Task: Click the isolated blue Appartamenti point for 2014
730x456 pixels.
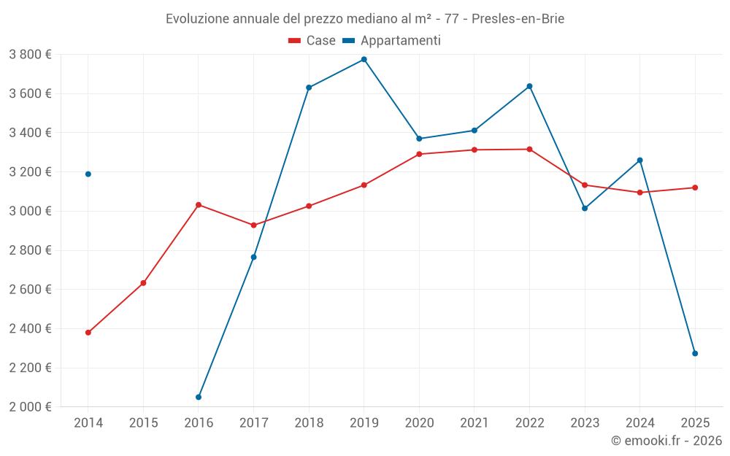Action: tap(88, 174)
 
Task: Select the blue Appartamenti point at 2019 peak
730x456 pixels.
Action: tap(364, 59)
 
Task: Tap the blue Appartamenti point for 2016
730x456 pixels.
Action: tap(199, 397)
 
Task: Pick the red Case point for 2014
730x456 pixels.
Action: tap(88, 333)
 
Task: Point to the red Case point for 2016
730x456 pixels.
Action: tap(199, 205)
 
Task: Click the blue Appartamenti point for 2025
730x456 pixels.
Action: tap(695, 353)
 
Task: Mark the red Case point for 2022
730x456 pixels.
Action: tap(529, 150)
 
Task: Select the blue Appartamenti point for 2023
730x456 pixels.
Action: tap(585, 208)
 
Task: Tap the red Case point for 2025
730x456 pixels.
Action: tap(695, 188)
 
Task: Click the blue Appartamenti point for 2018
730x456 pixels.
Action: tap(309, 88)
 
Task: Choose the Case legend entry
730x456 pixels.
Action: tap(312, 41)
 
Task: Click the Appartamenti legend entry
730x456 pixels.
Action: tap(392, 41)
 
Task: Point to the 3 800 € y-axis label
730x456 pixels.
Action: tap(30, 54)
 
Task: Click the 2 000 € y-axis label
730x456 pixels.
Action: tap(30, 406)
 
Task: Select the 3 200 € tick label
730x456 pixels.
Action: tap(30, 172)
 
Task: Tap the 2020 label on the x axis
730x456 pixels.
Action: tap(419, 422)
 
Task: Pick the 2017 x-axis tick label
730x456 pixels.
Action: tap(253, 422)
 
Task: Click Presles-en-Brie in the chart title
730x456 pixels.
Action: tap(518, 18)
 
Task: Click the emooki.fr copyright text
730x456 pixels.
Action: tap(666, 441)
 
